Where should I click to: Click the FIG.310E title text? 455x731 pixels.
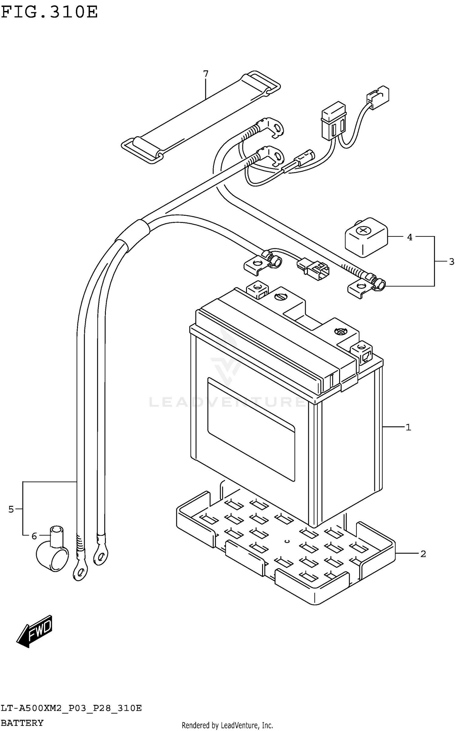49,12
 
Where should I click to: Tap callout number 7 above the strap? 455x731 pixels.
206,74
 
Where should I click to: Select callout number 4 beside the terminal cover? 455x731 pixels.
409,237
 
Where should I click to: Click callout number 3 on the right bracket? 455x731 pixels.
451,261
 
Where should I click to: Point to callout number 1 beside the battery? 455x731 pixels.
408,427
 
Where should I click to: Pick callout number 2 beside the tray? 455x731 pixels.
423,554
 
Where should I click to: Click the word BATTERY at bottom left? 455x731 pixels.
22,723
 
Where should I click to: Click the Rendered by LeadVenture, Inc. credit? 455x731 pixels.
227,725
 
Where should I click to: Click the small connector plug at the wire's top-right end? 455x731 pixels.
378,97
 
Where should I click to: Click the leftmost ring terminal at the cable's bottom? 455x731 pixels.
79,572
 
